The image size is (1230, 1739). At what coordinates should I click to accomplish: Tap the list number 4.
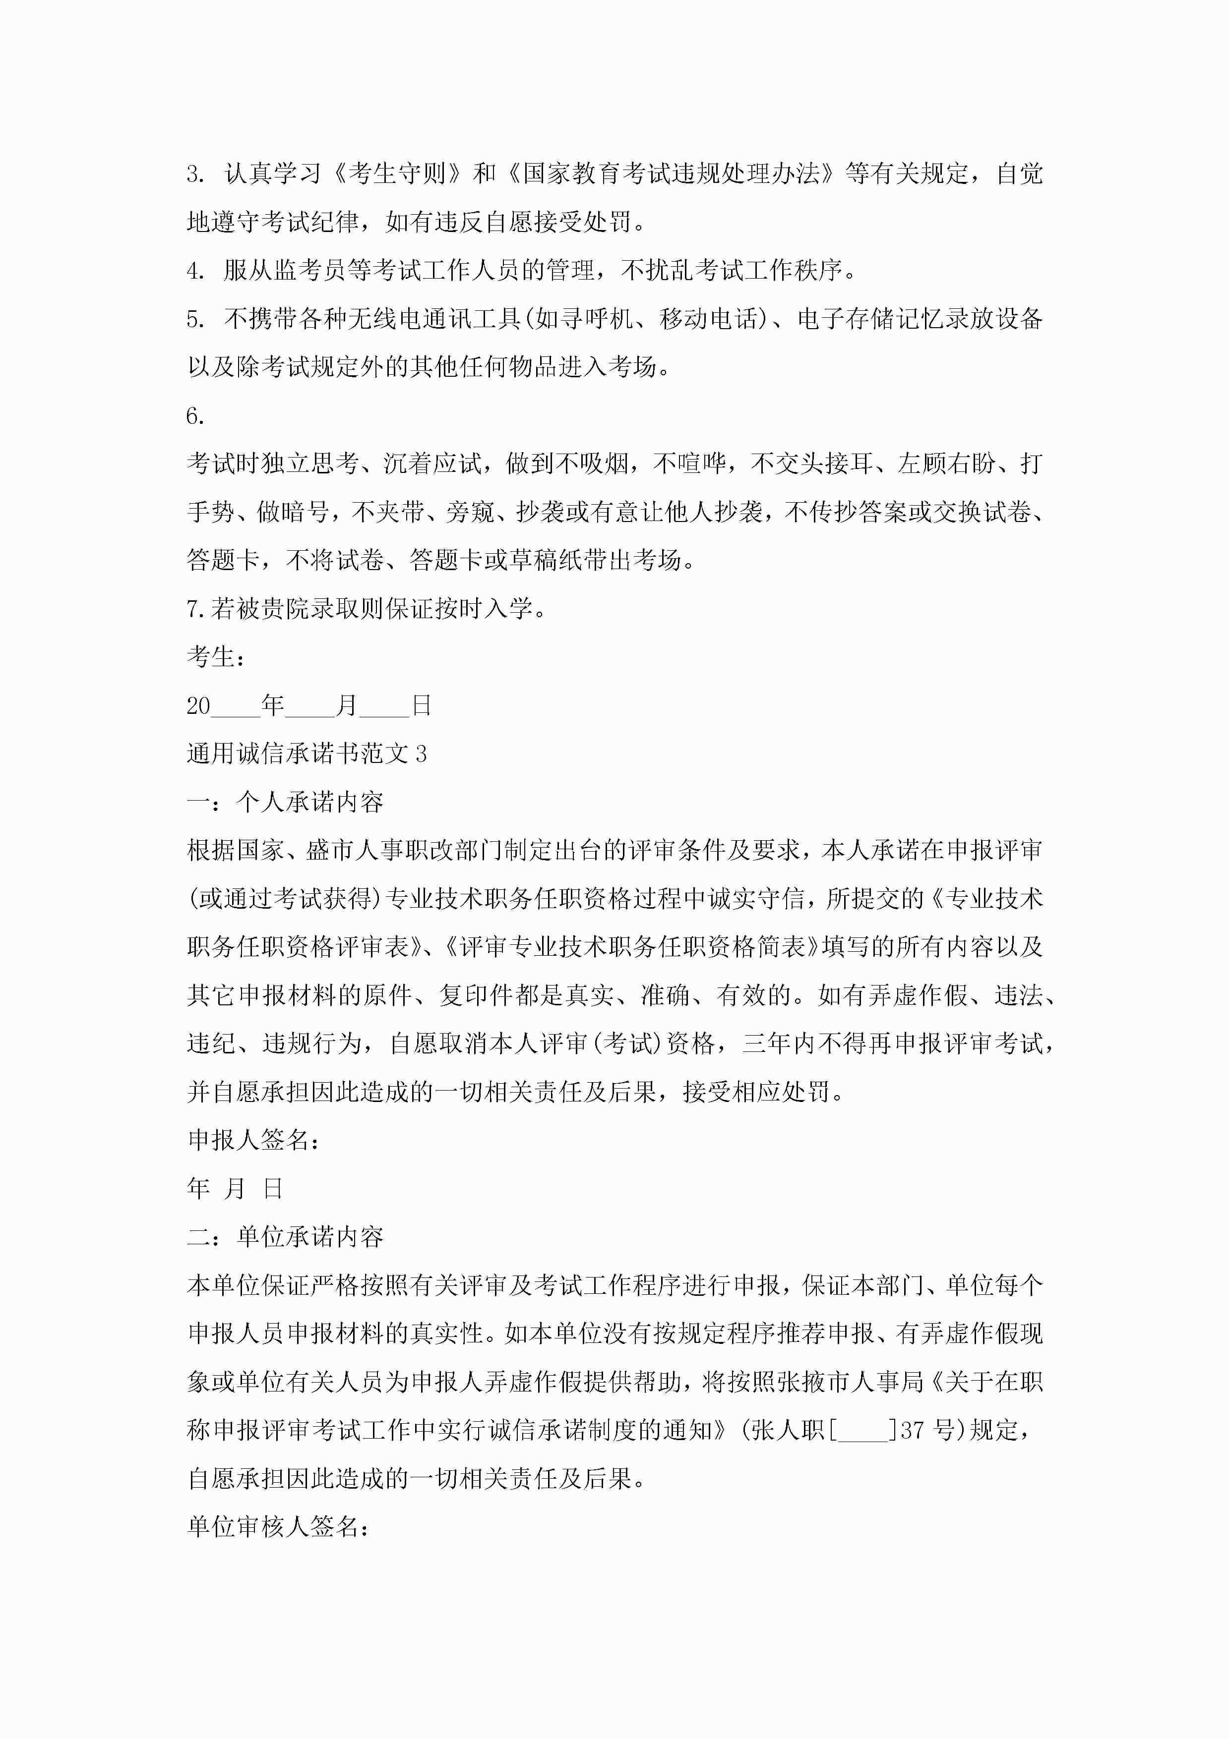click(195, 270)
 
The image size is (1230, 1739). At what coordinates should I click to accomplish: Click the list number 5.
click(195, 319)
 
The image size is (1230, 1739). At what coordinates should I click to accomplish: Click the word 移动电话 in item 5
click(709, 319)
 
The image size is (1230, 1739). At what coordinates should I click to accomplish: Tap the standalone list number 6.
click(195, 416)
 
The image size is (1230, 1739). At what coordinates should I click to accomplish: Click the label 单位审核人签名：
click(278, 1527)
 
